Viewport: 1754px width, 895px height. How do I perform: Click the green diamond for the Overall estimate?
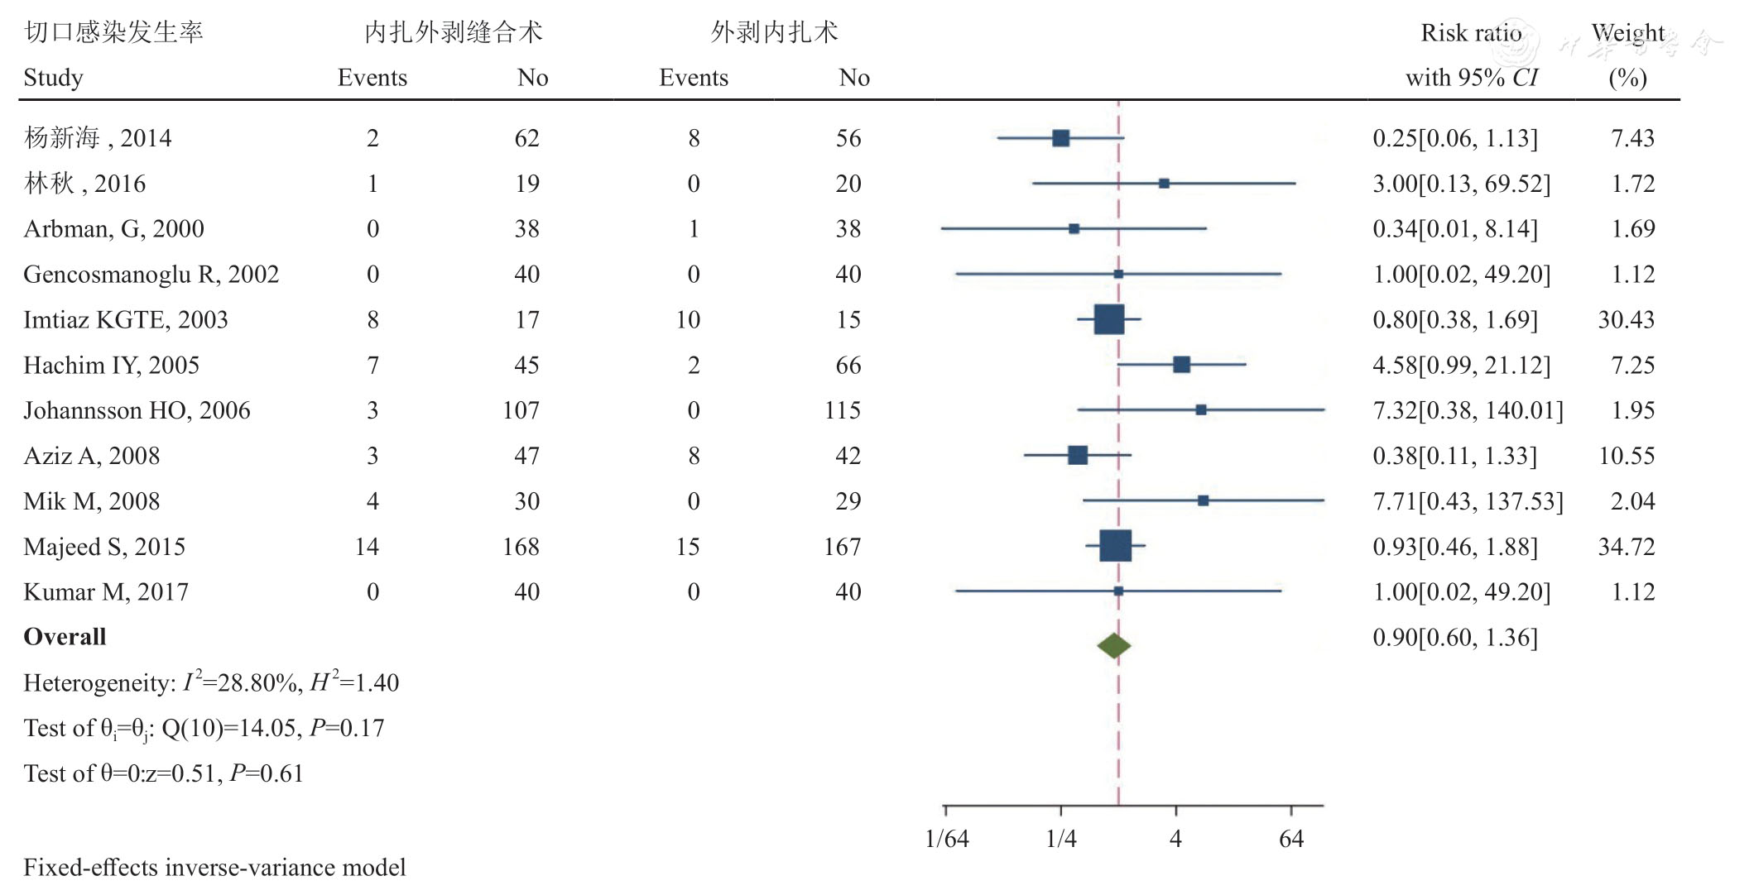click(1114, 645)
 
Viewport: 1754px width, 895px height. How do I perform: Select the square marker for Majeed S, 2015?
click(1115, 546)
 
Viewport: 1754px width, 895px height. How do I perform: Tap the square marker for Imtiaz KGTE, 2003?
click(1108, 319)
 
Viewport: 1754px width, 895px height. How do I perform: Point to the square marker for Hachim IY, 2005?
click(1181, 365)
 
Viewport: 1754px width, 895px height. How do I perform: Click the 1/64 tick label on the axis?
click(946, 839)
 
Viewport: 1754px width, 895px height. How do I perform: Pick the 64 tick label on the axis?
click(1290, 839)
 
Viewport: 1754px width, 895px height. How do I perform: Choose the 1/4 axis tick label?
click(1061, 839)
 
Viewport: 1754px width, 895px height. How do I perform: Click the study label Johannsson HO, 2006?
click(137, 410)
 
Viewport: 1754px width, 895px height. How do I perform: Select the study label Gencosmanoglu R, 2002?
click(151, 274)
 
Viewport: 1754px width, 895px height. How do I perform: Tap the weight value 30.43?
click(1626, 319)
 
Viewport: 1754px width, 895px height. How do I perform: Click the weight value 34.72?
click(1626, 546)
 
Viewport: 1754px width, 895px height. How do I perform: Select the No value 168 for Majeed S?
click(521, 546)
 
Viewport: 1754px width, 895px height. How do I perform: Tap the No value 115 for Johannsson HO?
click(842, 410)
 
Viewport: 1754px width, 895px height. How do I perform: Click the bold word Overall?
click(65, 637)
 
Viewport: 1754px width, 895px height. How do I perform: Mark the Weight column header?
click(1627, 33)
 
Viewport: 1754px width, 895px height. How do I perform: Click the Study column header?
click(53, 78)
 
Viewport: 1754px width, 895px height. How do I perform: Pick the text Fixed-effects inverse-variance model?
click(214, 867)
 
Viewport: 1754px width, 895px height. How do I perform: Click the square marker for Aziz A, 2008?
click(1077, 455)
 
